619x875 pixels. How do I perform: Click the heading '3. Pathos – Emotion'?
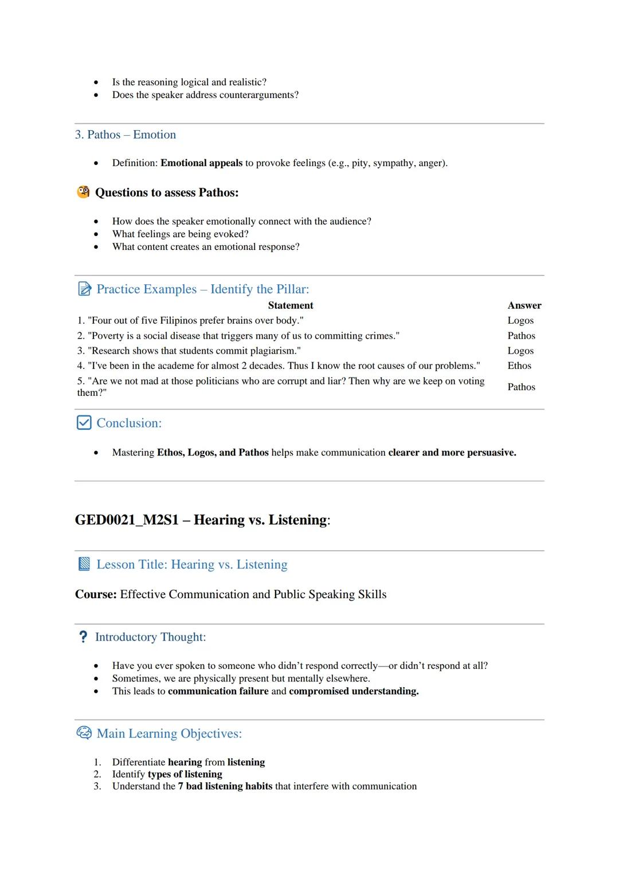125,135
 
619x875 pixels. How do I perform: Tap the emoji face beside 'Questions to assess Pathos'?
83,192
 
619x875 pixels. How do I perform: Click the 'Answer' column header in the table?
524,305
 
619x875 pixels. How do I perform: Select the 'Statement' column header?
290,305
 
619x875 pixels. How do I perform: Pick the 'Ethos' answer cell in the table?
519,366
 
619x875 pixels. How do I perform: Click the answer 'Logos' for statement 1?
520,320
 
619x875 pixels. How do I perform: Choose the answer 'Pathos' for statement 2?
521,336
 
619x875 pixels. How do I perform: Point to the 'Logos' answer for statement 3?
520,351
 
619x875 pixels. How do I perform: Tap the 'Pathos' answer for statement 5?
521,387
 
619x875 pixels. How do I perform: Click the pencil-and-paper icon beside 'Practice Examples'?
84,289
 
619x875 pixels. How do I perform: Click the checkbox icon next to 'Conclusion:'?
84,423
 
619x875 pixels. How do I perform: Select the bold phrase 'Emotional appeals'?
201,163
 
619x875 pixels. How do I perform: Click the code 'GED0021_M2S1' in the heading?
127,520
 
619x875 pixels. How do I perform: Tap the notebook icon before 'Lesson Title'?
84,564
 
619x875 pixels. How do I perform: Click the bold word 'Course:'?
96,594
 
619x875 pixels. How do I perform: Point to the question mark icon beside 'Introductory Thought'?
83,637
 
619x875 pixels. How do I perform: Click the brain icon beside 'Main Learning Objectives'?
84,733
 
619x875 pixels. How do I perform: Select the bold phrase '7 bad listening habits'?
225,786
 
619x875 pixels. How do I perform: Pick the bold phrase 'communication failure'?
218,691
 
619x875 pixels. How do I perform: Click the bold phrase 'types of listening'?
185,774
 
